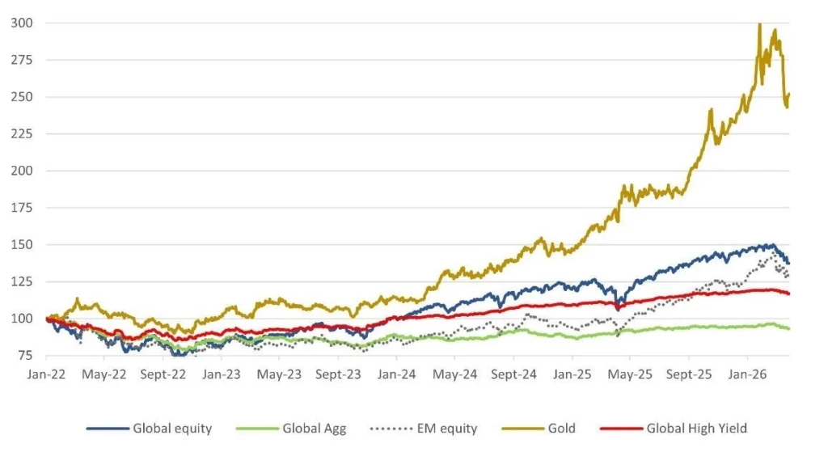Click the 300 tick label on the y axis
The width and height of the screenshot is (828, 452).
pos(22,23)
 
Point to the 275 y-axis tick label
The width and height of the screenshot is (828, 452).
pos(22,60)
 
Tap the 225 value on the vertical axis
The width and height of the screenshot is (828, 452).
pos(22,133)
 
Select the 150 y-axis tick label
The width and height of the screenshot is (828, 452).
pos(22,244)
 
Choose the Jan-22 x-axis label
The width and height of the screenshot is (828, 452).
pos(47,374)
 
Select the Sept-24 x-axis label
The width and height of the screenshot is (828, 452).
pos(513,374)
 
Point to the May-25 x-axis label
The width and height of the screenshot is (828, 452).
pos(630,374)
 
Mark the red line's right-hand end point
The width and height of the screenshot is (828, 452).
pos(789,294)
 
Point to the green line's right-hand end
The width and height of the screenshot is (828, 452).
pos(789,328)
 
